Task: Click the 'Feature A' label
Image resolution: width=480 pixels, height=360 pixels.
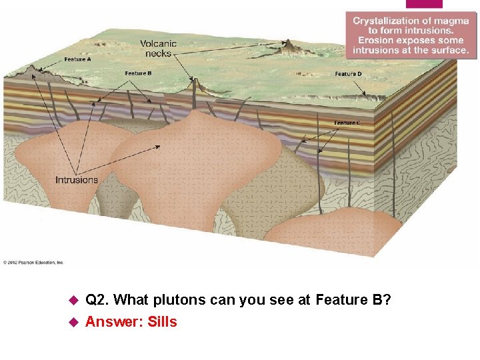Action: pyautogui.click(x=77, y=59)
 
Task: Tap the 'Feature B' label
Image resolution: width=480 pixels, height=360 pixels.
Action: pyautogui.click(x=139, y=73)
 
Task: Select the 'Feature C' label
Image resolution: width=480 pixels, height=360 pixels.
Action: pyautogui.click(x=347, y=123)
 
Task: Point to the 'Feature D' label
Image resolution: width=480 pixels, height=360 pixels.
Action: pyautogui.click(x=348, y=73)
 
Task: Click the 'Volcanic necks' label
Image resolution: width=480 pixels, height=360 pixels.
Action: pyautogui.click(x=158, y=48)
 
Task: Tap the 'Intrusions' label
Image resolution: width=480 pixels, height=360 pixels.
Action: pyautogui.click(x=76, y=179)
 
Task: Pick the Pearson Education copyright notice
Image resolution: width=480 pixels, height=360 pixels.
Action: pyautogui.click(x=33, y=262)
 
